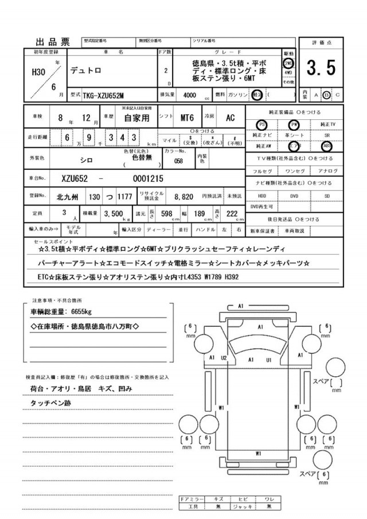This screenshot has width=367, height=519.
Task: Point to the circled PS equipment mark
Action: tap(261, 124)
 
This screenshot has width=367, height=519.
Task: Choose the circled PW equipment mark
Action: tap(294, 124)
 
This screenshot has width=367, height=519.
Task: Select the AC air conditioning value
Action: tap(229, 118)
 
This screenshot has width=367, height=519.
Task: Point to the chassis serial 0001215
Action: tap(149, 178)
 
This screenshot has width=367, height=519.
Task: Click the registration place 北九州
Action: tap(68, 196)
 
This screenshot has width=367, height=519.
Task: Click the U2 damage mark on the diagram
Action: tap(224, 358)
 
